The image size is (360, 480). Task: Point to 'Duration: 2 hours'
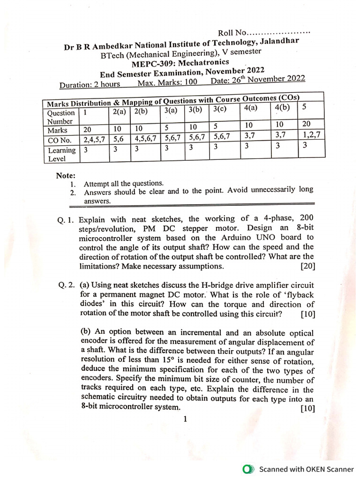coord(90,85)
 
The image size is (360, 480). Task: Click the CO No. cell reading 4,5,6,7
coord(145,139)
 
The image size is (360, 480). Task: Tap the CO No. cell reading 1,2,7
coord(310,135)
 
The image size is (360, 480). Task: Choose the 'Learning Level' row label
coord(61,154)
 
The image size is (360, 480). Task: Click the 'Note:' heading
coord(66,176)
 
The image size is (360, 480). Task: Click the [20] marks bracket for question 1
coord(307,266)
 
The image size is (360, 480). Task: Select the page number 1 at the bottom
coord(186,420)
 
